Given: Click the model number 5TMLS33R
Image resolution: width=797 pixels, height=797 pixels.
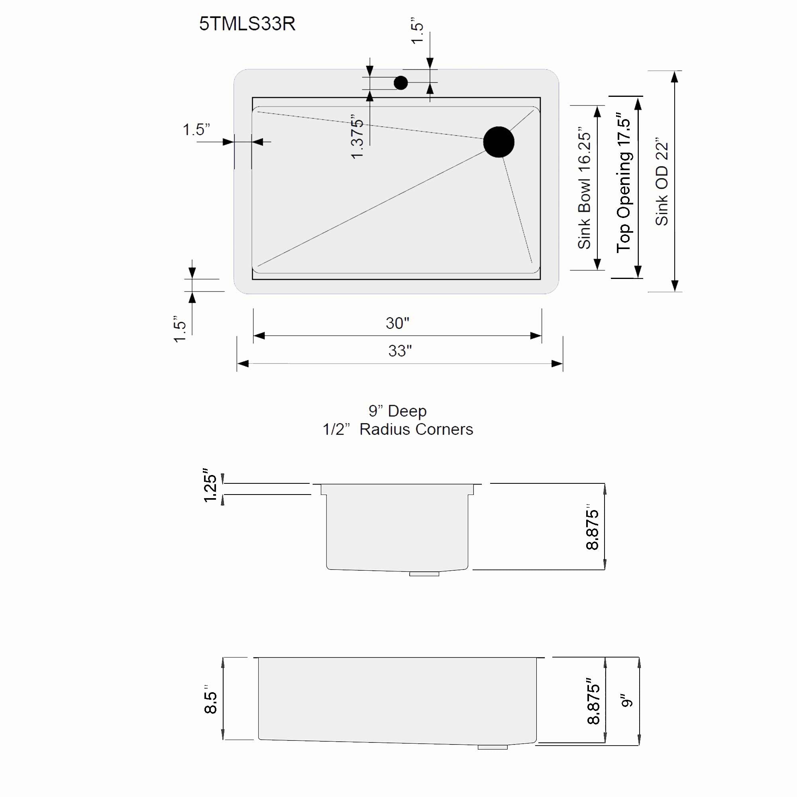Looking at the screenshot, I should coord(247,24).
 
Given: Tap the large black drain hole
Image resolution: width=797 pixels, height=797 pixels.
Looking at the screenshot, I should coord(499,142).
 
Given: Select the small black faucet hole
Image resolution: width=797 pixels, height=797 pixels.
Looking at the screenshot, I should coord(400,83).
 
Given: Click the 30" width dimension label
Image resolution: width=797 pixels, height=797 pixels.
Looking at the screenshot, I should coord(397,323).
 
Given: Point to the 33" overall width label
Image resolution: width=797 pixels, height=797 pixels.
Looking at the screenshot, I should coord(400,351).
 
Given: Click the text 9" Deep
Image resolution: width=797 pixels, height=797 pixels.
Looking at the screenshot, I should coord(397,411).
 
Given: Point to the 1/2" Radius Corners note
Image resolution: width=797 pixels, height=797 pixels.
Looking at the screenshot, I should coord(397,430).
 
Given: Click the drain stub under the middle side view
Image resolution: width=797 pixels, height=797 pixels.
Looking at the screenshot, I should coord(424,574).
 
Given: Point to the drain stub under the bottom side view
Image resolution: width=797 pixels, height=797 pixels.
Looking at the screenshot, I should coord(493,747).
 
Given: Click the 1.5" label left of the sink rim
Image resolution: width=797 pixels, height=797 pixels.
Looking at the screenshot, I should coord(196,130).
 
